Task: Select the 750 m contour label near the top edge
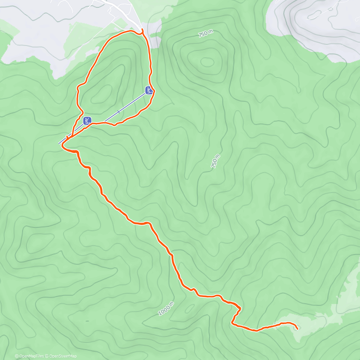point(206,34)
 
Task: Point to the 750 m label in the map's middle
point(216,161)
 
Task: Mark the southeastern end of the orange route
point(297,329)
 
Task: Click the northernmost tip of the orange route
point(142,29)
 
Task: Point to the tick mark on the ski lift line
point(119,112)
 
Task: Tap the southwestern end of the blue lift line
point(59,143)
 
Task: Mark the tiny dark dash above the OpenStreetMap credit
point(87,321)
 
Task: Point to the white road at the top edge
point(120,9)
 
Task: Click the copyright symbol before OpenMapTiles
point(17,356)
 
